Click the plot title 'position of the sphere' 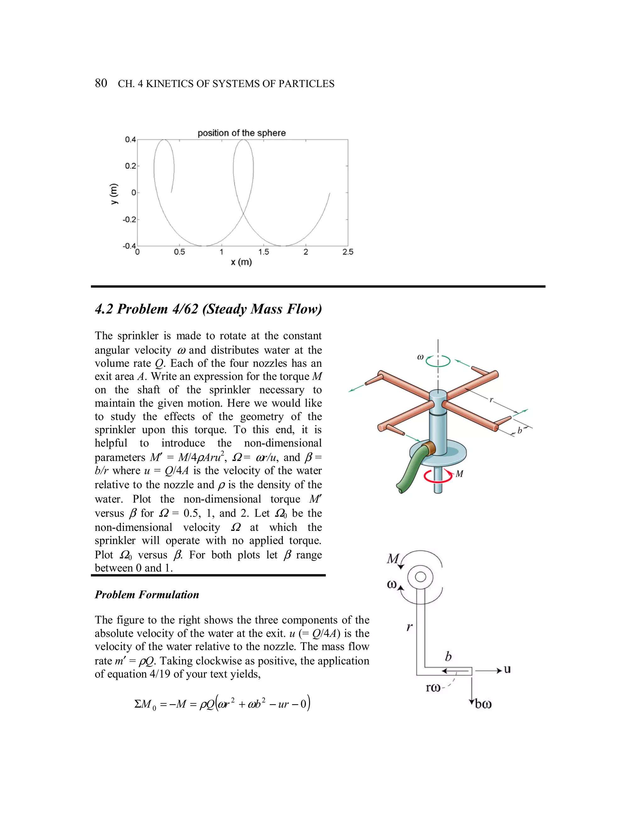(x=241, y=133)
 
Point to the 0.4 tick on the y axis (x=130, y=140)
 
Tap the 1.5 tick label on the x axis (x=264, y=252)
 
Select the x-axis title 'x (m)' (x=241, y=262)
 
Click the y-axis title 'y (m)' (x=114, y=193)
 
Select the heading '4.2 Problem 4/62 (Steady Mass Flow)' (x=208, y=309)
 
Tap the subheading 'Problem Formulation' (x=147, y=595)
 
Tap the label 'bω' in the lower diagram (x=483, y=704)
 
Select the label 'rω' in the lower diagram (x=433, y=688)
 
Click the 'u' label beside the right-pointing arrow (x=507, y=669)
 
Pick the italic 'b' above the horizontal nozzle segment (x=448, y=656)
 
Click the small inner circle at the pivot (x=420, y=577)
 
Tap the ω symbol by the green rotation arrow (x=420, y=357)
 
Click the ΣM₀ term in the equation (x=145, y=704)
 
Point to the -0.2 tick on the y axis (x=129, y=220)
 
